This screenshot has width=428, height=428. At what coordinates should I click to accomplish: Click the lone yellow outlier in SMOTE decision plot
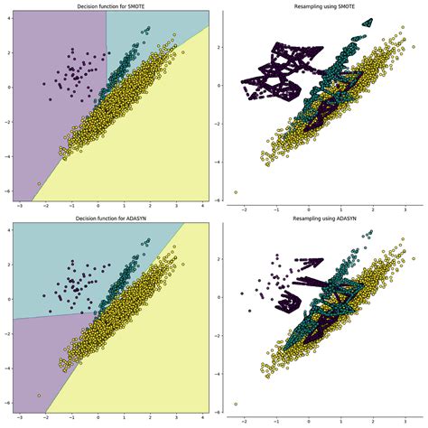point(38,183)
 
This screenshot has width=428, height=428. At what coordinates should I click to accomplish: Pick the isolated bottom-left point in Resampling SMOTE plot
point(237,192)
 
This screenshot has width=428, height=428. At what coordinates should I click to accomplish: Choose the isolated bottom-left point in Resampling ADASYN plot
point(237,404)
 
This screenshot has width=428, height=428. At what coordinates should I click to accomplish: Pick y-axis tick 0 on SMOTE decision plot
point(6,88)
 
